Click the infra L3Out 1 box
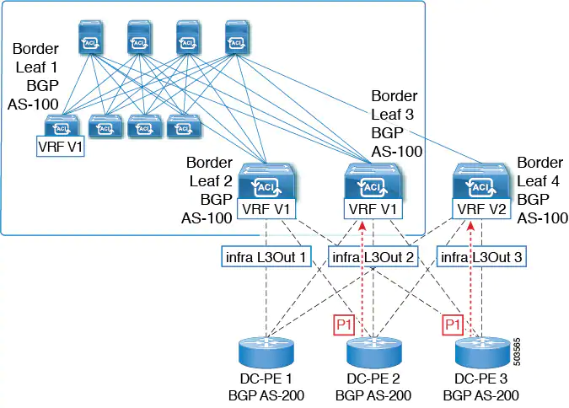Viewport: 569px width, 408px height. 266,257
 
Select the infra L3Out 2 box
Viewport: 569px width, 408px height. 373,257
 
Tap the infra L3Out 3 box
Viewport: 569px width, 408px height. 481,257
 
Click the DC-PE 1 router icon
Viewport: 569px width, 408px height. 266,352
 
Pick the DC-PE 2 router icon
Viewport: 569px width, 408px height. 373,352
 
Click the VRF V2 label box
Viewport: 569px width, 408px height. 481,209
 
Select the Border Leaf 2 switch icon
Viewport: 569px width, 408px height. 266,181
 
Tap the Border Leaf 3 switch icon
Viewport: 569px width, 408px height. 373,181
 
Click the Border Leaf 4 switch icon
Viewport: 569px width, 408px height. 481,181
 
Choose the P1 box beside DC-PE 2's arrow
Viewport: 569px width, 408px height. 344,325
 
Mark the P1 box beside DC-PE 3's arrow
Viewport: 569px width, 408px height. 453,325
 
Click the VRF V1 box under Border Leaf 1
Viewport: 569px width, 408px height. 61,147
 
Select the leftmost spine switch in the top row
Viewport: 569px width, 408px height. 91,37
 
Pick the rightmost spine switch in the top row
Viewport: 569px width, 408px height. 237,37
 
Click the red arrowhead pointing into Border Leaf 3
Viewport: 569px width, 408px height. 362,226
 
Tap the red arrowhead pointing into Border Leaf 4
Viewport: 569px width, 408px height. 470,226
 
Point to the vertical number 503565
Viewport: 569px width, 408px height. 517,352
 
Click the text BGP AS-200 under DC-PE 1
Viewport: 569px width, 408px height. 266,395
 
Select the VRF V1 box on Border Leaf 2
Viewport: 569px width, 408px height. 266,209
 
